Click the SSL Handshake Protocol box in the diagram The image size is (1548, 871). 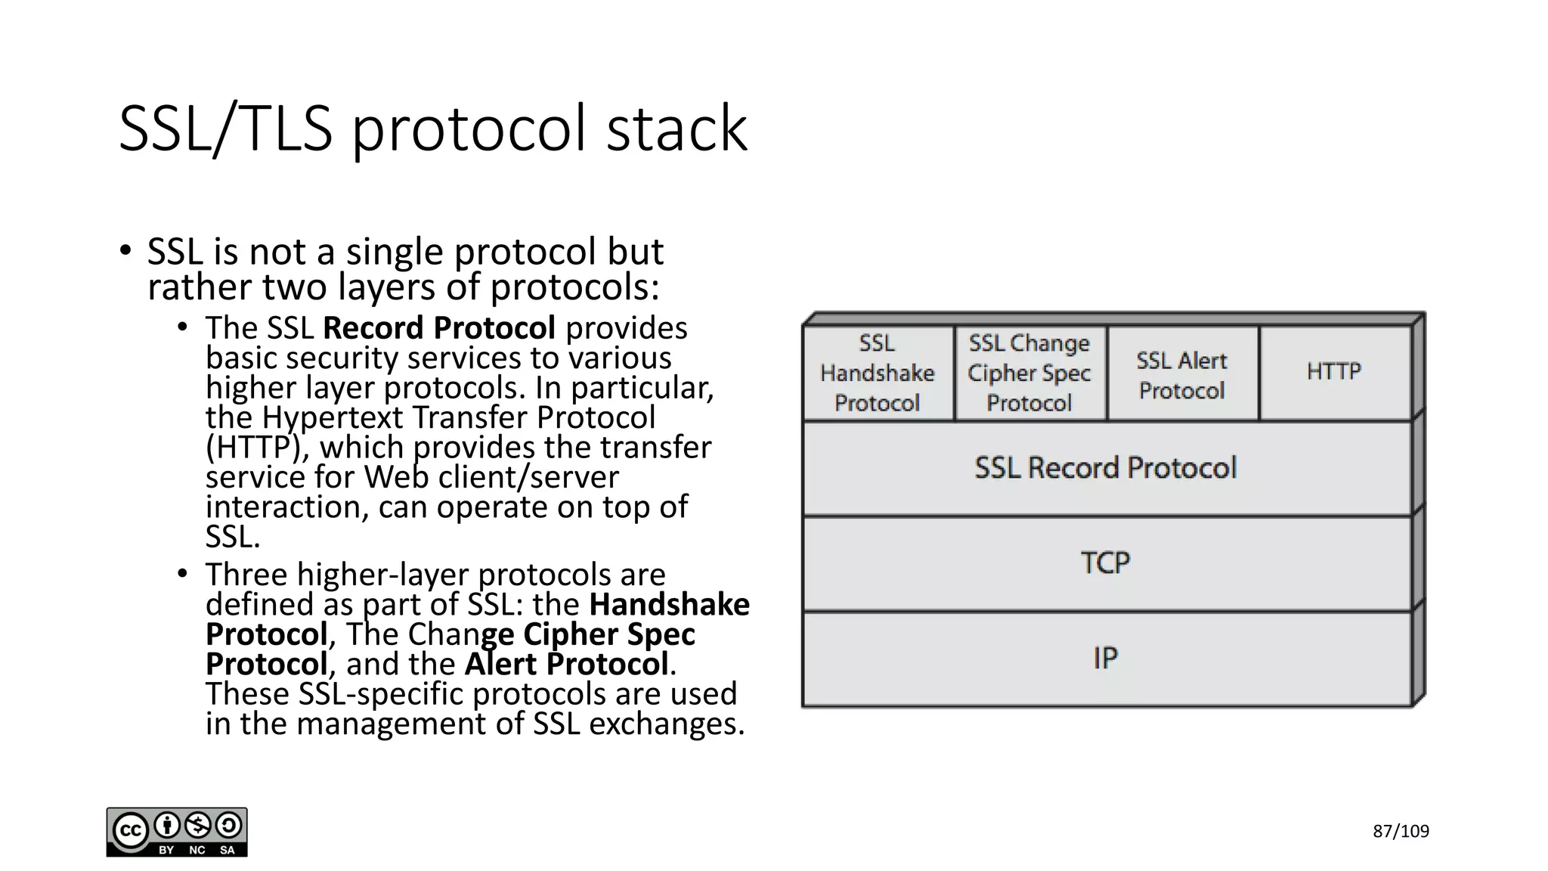tap(878, 373)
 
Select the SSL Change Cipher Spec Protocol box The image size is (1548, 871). tap(1029, 373)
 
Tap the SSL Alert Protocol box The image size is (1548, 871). tap(1182, 375)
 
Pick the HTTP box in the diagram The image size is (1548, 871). tap(1334, 371)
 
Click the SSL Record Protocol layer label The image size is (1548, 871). tap(1106, 468)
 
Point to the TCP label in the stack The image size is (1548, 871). tap(1106, 563)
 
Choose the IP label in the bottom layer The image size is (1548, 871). tap(1105, 659)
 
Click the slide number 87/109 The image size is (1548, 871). tap(1401, 832)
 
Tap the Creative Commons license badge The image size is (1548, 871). tap(177, 832)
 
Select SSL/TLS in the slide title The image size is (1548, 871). tap(225, 129)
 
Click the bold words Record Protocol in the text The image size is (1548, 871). tap(439, 328)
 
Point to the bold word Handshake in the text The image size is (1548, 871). tap(669, 604)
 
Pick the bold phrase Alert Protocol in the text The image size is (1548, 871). tap(567, 664)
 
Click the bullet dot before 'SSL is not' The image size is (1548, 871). tap(125, 251)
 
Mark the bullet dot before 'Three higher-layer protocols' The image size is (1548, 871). tap(182, 574)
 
